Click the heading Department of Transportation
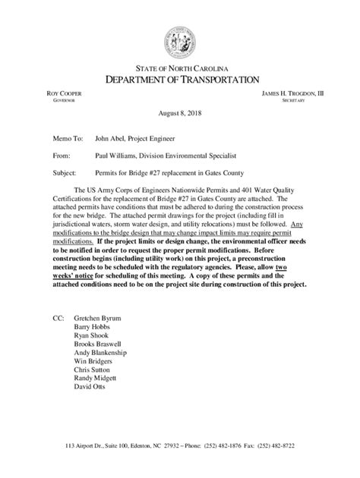coord(180,79)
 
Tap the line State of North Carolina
coord(180,68)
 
